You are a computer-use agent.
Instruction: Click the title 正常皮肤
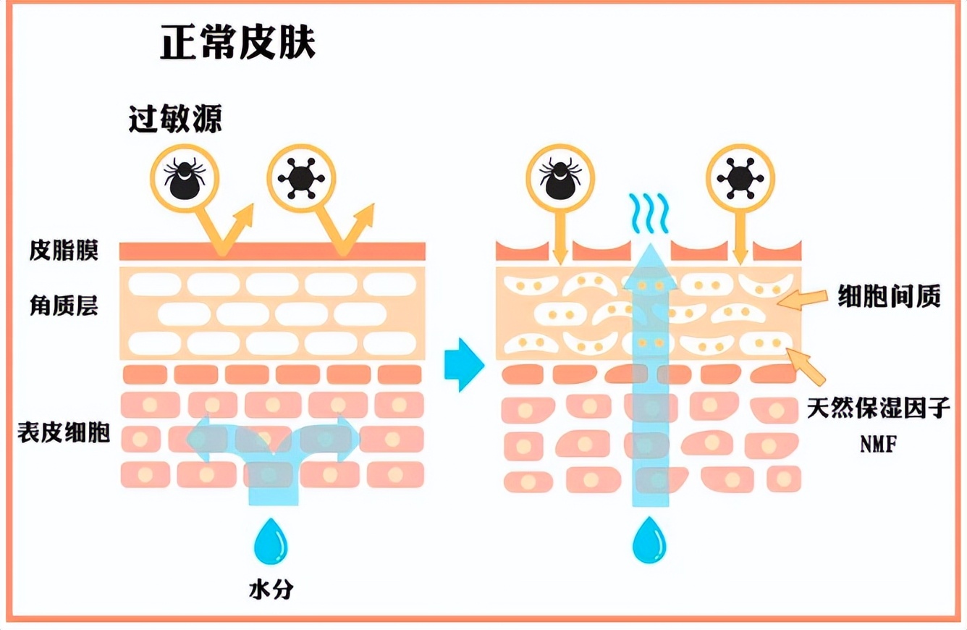pos(237,44)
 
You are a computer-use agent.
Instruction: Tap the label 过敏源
pos(175,119)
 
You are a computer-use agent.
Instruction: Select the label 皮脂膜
pos(64,251)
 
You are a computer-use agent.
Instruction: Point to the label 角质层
pos(64,306)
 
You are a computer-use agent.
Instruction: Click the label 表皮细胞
pos(64,433)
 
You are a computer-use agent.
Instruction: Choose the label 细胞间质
pos(889,296)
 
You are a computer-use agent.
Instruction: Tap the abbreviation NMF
pos(878,445)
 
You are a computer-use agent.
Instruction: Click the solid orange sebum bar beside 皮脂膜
pos(272,251)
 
